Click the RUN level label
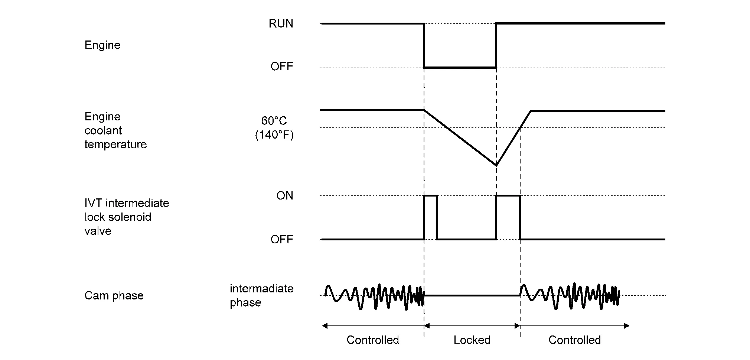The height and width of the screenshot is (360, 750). pyautogui.click(x=281, y=24)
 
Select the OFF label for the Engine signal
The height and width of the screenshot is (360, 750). pyautogui.click(x=281, y=67)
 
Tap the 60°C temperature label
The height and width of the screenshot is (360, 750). pyautogui.click(x=274, y=121)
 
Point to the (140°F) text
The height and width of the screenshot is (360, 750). pyautogui.click(x=274, y=135)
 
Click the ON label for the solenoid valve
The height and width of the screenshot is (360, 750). pyautogui.click(x=284, y=196)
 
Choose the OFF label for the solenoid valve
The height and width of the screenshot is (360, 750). pyautogui.click(x=281, y=240)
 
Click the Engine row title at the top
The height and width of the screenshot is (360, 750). pyautogui.click(x=102, y=45)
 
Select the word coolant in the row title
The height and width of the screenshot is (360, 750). pyautogui.click(x=103, y=131)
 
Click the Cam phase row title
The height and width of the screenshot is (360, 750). pyautogui.click(x=114, y=296)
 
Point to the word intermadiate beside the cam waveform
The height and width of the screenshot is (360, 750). pyautogui.click(x=261, y=289)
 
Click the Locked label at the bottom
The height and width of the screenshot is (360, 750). pyautogui.click(x=472, y=340)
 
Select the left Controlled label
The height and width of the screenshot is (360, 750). pyautogui.click(x=372, y=340)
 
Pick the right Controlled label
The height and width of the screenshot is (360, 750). pyautogui.click(x=574, y=340)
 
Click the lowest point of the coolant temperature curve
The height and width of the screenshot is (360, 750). pyautogui.click(x=496, y=165)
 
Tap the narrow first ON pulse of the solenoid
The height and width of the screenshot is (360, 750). pyautogui.click(x=431, y=196)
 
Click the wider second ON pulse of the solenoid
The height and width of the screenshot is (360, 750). pyautogui.click(x=508, y=196)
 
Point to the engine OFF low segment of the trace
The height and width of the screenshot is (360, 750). pyautogui.click(x=460, y=68)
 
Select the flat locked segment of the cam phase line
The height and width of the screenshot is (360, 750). pyautogui.click(x=472, y=296)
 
